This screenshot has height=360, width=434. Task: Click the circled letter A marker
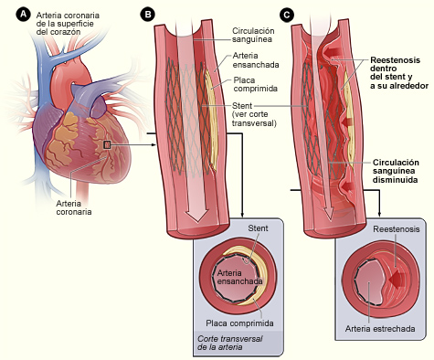click(24, 15)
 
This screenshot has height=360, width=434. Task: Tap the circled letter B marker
click(148, 15)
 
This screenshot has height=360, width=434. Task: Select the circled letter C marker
click(286, 15)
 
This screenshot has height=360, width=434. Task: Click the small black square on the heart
click(107, 145)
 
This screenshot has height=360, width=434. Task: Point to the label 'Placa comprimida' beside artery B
click(256, 84)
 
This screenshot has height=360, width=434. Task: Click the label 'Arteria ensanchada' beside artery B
click(256, 60)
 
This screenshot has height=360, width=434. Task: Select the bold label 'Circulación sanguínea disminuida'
click(396, 171)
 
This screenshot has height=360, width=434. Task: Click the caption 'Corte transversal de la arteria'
click(229, 343)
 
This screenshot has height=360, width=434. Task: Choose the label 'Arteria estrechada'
click(380, 329)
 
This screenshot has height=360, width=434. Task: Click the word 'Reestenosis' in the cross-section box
click(397, 229)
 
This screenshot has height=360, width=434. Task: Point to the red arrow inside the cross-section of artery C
click(397, 279)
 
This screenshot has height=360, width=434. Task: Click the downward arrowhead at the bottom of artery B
click(196, 215)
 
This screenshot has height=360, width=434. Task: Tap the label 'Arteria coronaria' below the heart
click(74, 207)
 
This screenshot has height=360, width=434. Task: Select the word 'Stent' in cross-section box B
click(258, 228)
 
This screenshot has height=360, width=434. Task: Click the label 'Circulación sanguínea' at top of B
click(253, 35)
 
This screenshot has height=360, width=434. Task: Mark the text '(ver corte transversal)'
click(254, 119)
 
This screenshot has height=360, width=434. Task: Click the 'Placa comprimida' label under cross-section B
click(239, 323)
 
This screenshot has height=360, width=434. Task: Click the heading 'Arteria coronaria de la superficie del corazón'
click(68, 24)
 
